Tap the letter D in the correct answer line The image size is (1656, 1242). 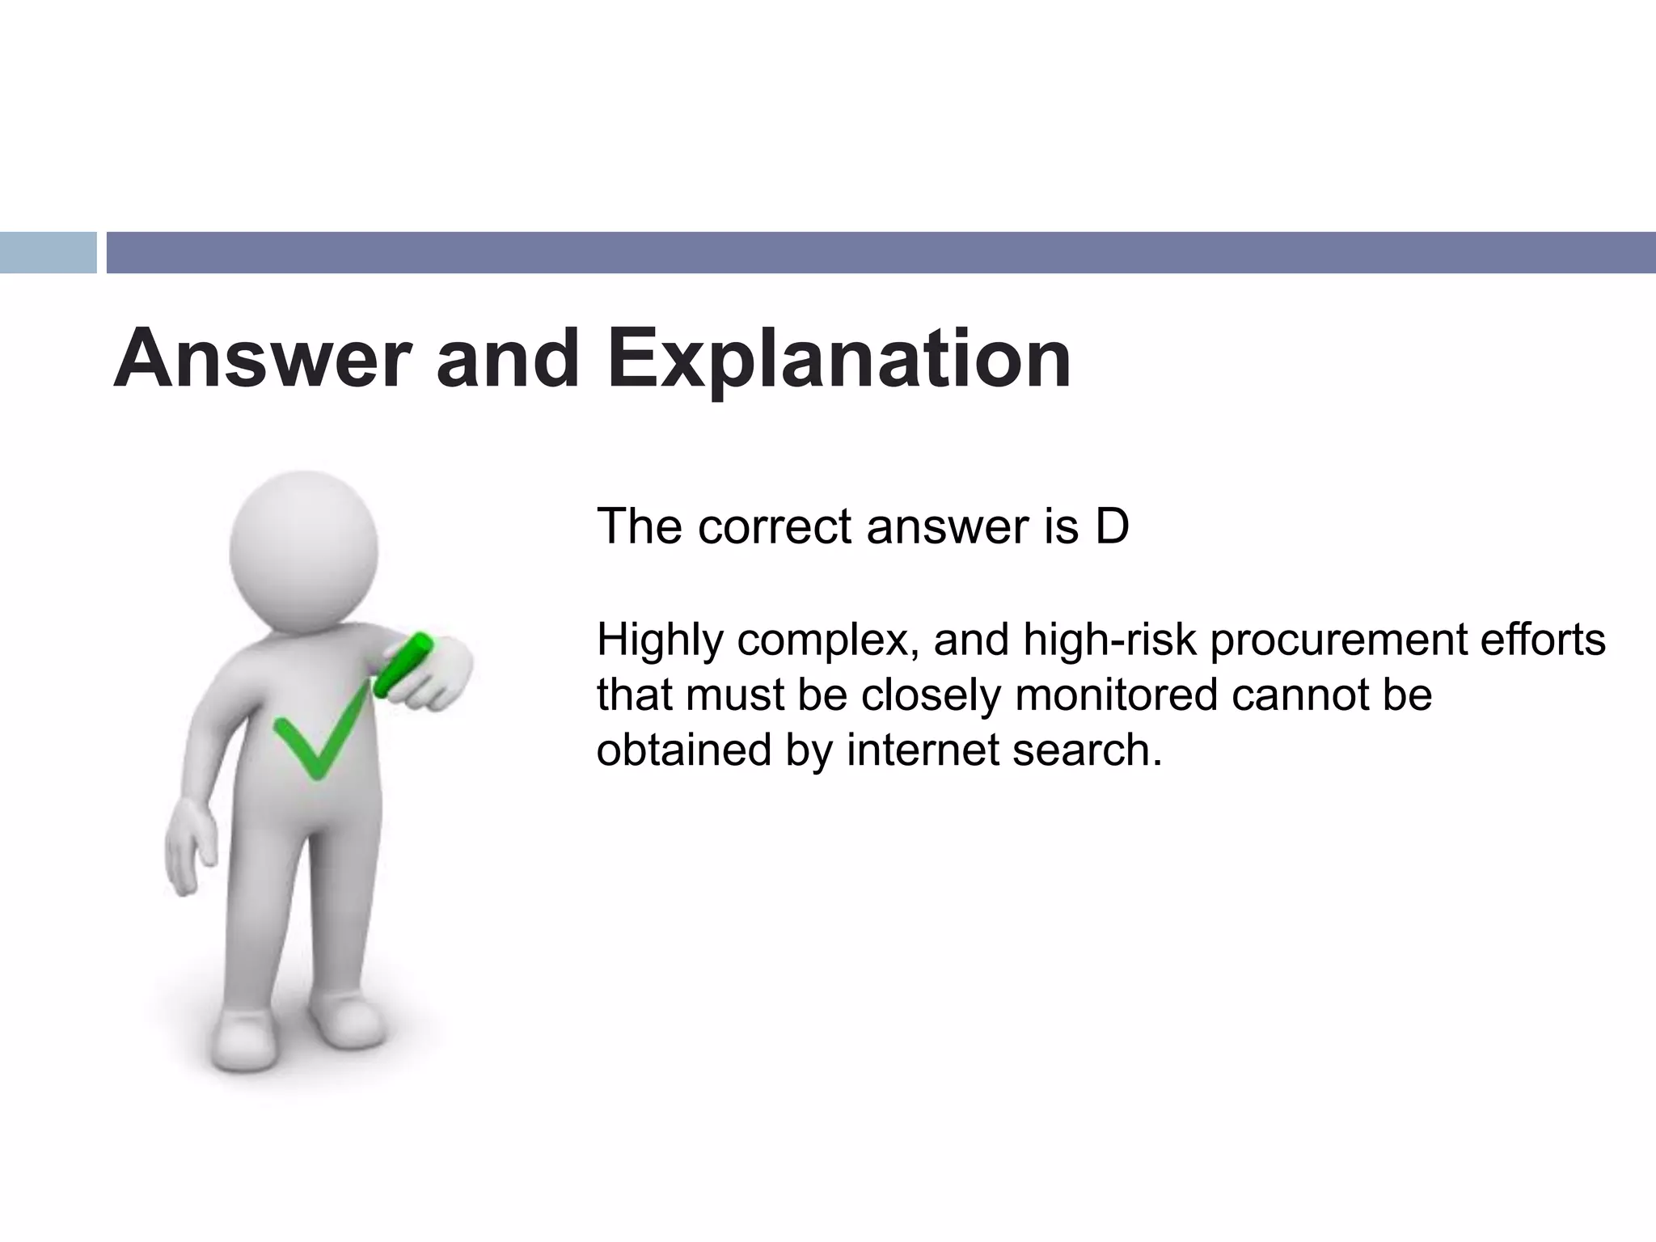[x=1112, y=526]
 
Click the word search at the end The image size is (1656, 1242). [x=1087, y=750]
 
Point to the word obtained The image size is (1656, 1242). [x=683, y=750]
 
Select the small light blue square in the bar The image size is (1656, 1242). [x=48, y=252]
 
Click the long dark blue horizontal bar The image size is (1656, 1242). [x=881, y=252]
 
